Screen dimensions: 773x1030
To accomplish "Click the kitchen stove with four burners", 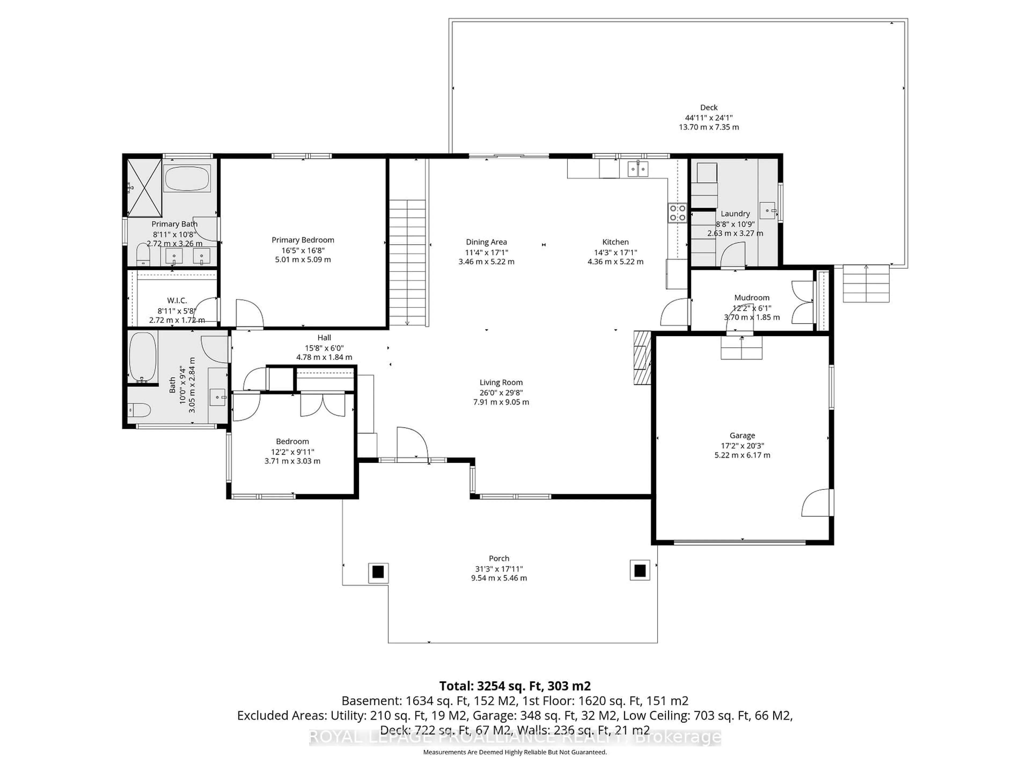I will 677,213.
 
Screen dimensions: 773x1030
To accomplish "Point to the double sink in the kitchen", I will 638,169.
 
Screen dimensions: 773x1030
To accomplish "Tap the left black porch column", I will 378,571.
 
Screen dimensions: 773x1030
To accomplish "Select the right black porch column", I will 640,570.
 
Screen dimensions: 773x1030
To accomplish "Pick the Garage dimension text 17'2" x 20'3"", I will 742,446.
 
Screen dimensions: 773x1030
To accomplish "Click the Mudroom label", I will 752,297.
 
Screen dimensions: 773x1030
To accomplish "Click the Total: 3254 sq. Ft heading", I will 514,686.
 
